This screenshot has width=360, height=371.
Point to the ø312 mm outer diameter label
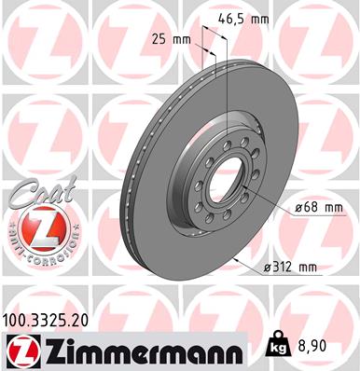[289, 268]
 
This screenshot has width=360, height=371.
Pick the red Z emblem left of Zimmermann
[20, 350]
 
